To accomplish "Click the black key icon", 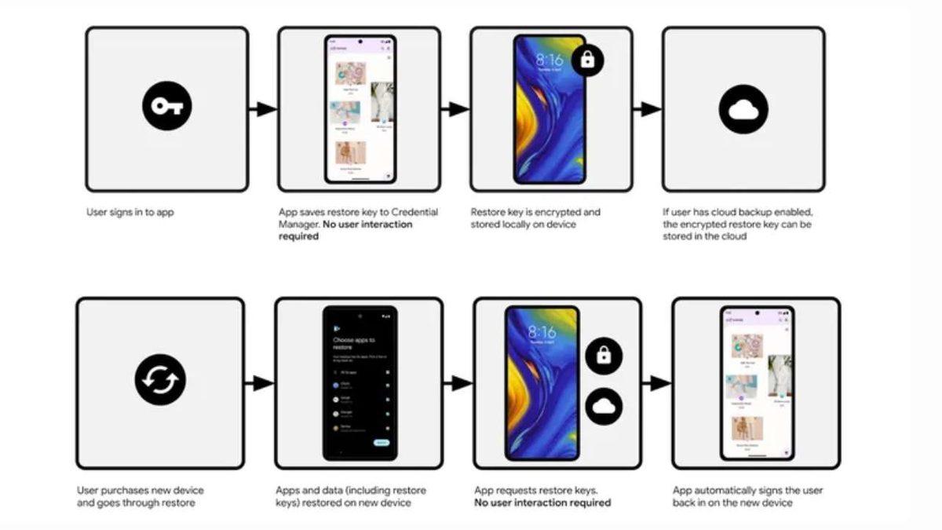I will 167,107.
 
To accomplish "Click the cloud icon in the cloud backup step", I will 743,109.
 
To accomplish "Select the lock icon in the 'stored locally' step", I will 593,60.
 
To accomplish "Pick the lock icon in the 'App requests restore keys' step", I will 603,355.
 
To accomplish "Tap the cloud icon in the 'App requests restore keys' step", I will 603,407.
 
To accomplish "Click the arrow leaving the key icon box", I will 263,109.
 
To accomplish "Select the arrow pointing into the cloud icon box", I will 647,109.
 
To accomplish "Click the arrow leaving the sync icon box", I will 259,383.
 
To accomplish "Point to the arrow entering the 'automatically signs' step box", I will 656,383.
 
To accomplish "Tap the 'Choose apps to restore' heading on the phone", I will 354,344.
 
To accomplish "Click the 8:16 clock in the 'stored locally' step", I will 549,60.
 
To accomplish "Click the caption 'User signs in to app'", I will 130,212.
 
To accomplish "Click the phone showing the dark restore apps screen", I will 360,383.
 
